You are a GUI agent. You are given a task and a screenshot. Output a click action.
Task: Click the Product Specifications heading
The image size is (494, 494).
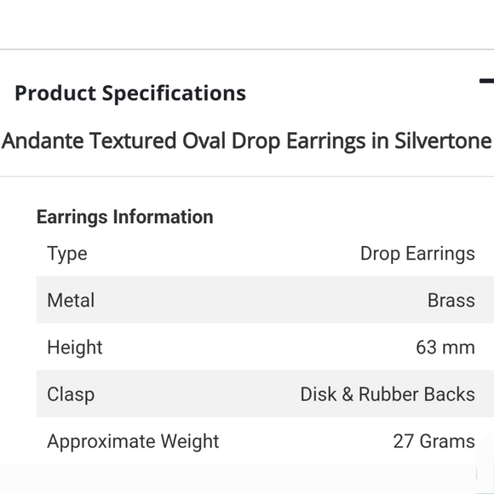[130, 93]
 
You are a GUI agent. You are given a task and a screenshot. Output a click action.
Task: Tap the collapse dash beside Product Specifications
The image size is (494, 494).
[486, 82]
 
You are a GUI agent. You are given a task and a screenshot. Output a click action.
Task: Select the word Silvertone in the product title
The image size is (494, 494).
[443, 141]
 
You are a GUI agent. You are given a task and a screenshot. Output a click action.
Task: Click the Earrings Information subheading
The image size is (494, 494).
[124, 216]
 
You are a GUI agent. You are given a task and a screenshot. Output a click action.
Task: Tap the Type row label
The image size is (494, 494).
[67, 254]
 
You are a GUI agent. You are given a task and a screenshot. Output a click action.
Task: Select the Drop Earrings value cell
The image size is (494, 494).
[417, 254]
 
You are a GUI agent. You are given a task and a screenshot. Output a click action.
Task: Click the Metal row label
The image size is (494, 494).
[71, 301]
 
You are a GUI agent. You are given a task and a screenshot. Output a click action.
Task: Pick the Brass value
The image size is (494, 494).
[451, 301]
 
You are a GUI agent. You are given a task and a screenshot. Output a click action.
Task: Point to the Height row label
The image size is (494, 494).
[75, 348]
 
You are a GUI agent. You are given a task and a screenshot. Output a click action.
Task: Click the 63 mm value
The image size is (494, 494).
[445, 348]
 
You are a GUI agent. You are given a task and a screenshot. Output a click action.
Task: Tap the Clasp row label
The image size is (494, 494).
[71, 394]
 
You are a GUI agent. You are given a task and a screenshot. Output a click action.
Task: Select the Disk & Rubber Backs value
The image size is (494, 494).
[388, 394]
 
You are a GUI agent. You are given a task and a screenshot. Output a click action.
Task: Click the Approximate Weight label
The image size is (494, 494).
[133, 441]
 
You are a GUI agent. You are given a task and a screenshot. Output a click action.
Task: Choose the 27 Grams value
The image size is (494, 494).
[434, 441]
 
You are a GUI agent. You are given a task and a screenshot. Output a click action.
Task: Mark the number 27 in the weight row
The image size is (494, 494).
[404, 441]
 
